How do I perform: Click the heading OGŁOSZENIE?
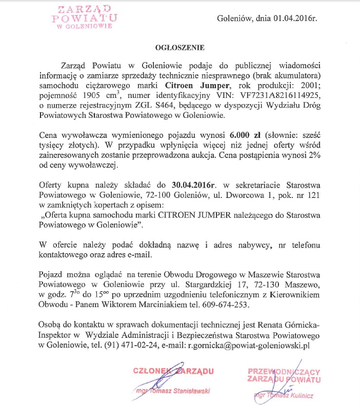click(180, 48)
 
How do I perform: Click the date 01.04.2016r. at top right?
click(293, 19)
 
